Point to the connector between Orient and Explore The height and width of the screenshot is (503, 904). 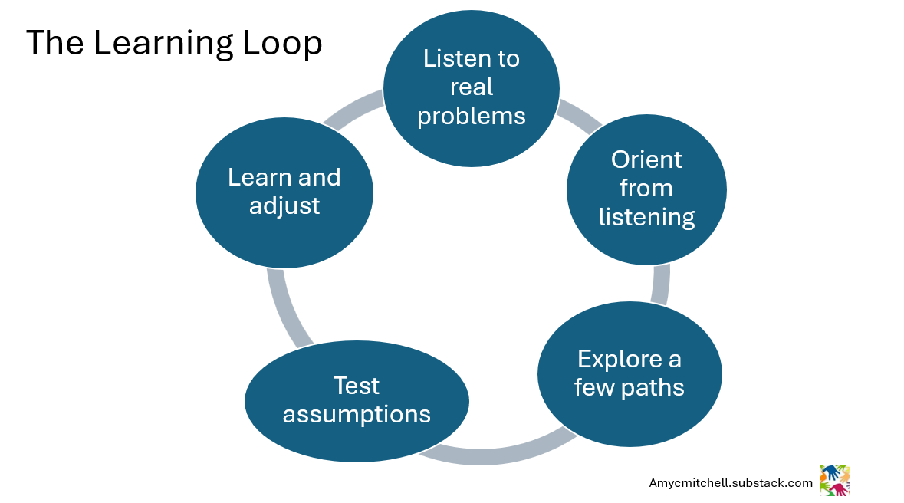[660, 284]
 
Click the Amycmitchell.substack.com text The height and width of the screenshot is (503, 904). [731, 483]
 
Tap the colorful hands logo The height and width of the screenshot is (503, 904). [835, 481]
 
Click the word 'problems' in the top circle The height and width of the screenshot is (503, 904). [471, 116]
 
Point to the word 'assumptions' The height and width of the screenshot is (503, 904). [357, 414]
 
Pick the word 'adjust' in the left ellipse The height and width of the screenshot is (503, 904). [284, 205]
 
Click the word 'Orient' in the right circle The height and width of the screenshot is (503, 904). [646, 159]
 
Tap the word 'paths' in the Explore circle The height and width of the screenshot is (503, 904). [653, 387]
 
